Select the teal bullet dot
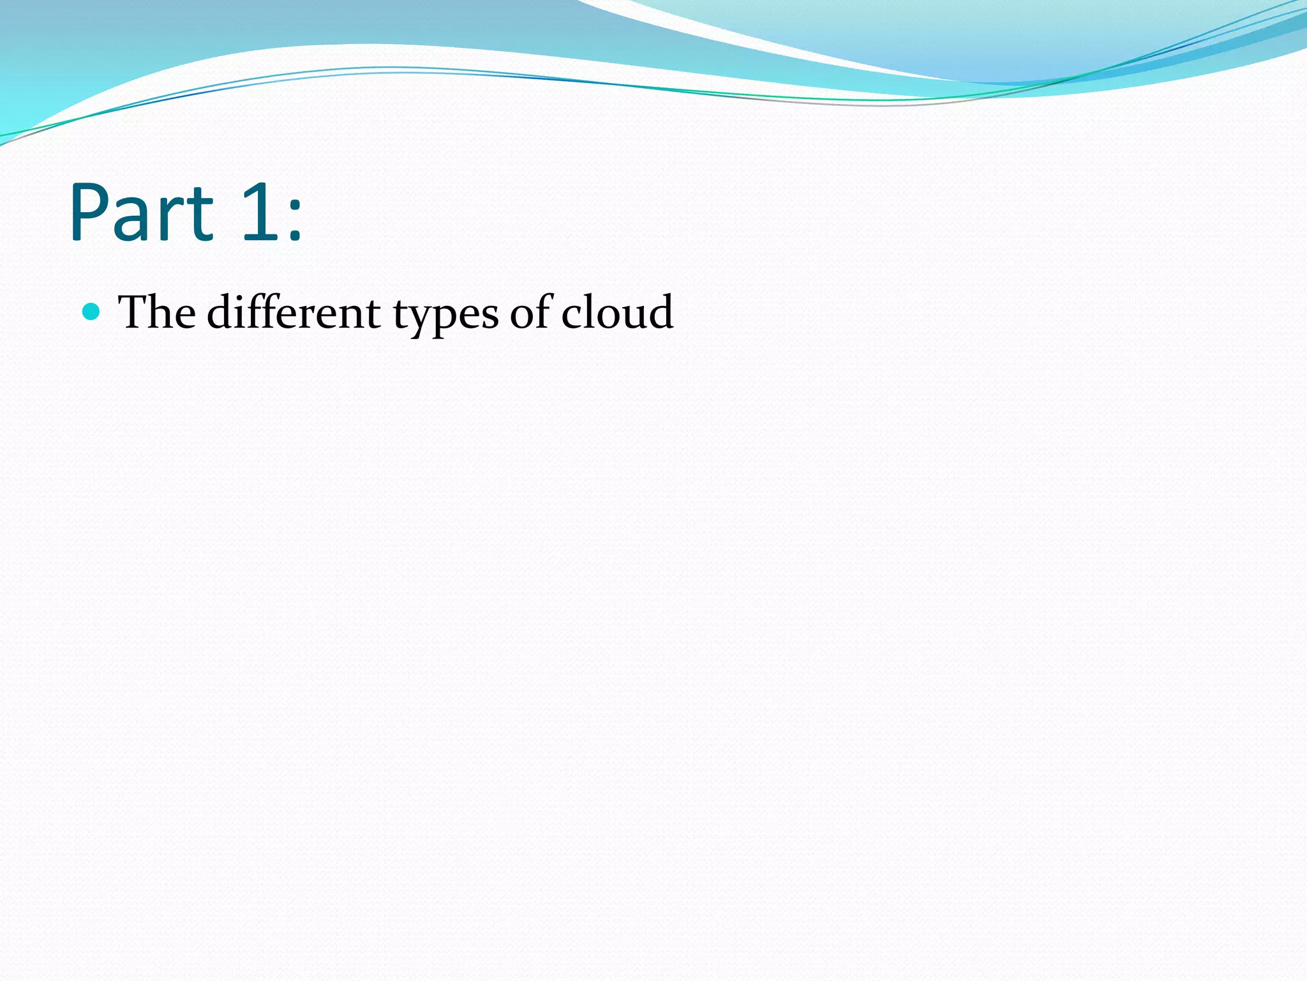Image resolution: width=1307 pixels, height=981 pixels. [x=92, y=312]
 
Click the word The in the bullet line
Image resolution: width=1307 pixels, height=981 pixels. [x=157, y=312]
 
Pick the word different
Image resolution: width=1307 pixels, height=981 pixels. [x=294, y=312]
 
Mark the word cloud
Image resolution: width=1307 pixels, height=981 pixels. [x=617, y=312]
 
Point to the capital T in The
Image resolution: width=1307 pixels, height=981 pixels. [x=133, y=312]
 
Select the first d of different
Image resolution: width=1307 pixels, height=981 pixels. [x=220, y=312]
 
